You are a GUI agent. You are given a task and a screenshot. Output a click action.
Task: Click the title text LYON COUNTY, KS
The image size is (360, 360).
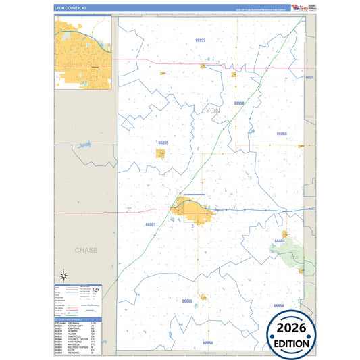(70, 9)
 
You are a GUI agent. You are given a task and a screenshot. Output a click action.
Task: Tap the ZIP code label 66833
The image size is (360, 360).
(201, 41)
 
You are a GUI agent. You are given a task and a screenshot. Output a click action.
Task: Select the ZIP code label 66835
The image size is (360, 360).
(163, 143)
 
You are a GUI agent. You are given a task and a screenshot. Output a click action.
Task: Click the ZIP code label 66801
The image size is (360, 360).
(150, 224)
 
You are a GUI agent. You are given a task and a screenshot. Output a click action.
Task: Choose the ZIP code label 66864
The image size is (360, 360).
(279, 241)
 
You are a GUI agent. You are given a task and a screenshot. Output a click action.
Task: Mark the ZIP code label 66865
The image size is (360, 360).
(187, 300)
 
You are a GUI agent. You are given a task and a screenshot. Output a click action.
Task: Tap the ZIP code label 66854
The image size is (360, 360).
(278, 306)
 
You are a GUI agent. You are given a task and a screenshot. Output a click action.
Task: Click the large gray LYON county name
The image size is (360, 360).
(211, 109)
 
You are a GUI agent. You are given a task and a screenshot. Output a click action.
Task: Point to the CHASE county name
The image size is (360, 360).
(86, 250)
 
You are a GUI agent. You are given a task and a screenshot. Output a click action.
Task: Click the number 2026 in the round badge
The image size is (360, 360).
(289, 330)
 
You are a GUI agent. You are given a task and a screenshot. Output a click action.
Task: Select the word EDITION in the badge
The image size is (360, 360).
(289, 343)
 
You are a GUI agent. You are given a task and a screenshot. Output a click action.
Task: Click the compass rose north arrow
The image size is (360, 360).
(63, 275)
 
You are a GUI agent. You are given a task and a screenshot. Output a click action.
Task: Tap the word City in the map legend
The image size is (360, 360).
(96, 289)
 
